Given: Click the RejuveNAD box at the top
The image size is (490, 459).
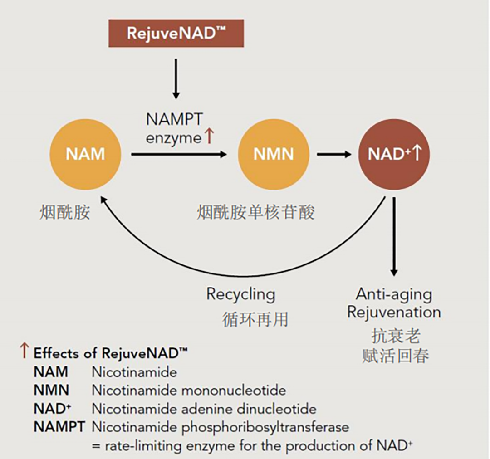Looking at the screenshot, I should coord(176,33).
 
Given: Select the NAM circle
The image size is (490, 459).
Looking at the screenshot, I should coord(85,154).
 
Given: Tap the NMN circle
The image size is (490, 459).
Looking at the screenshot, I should coord(273,154).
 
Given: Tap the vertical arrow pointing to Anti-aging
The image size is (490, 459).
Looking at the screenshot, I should coord(394,236).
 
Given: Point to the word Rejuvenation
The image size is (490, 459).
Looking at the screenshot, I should coord(394,313).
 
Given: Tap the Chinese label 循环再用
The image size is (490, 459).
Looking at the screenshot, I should coord(255,320).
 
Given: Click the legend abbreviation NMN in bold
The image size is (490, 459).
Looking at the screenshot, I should coord(51,390).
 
